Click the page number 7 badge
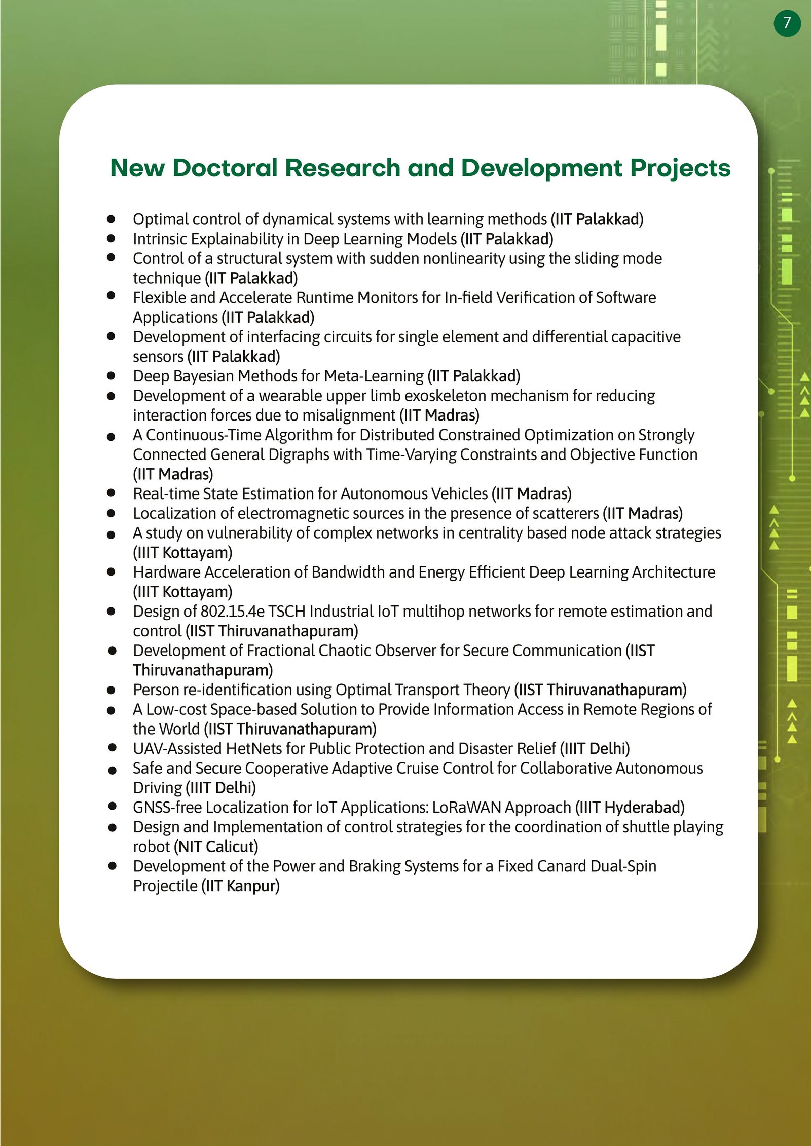coord(787,23)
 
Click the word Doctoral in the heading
coord(225,168)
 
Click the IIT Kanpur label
coord(240,886)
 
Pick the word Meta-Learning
coord(374,376)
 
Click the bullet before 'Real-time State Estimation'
coord(112,492)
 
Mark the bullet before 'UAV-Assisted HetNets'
coord(113,747)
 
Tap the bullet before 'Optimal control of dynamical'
coord(112,219)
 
